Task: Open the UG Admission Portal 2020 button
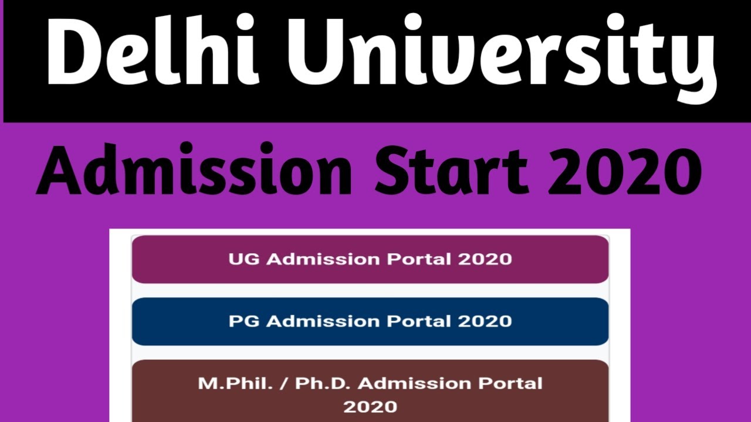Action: tap(370, 259)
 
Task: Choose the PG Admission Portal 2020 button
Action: tap(370, 321)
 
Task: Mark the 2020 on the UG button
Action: tap(485, 259)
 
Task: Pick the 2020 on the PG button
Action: tap(485, 321)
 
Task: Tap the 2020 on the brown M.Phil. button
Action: tap(370, 406)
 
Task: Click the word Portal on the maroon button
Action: tap(419, 259)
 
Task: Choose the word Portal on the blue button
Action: tap(419, 321)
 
